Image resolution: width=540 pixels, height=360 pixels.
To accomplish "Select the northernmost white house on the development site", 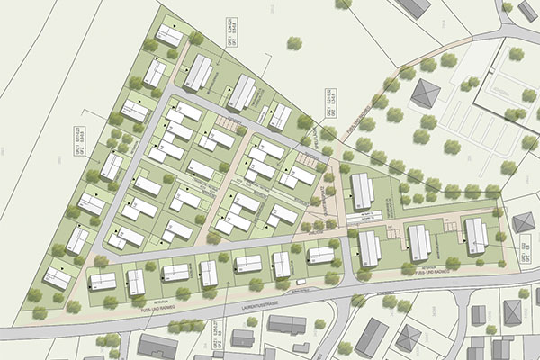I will click(169, 35).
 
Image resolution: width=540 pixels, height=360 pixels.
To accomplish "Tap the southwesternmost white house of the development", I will click(57, 278).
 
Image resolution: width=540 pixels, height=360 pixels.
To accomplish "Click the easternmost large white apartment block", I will click(476, 235).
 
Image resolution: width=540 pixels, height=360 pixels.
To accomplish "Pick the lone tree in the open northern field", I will click(292, 42).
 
